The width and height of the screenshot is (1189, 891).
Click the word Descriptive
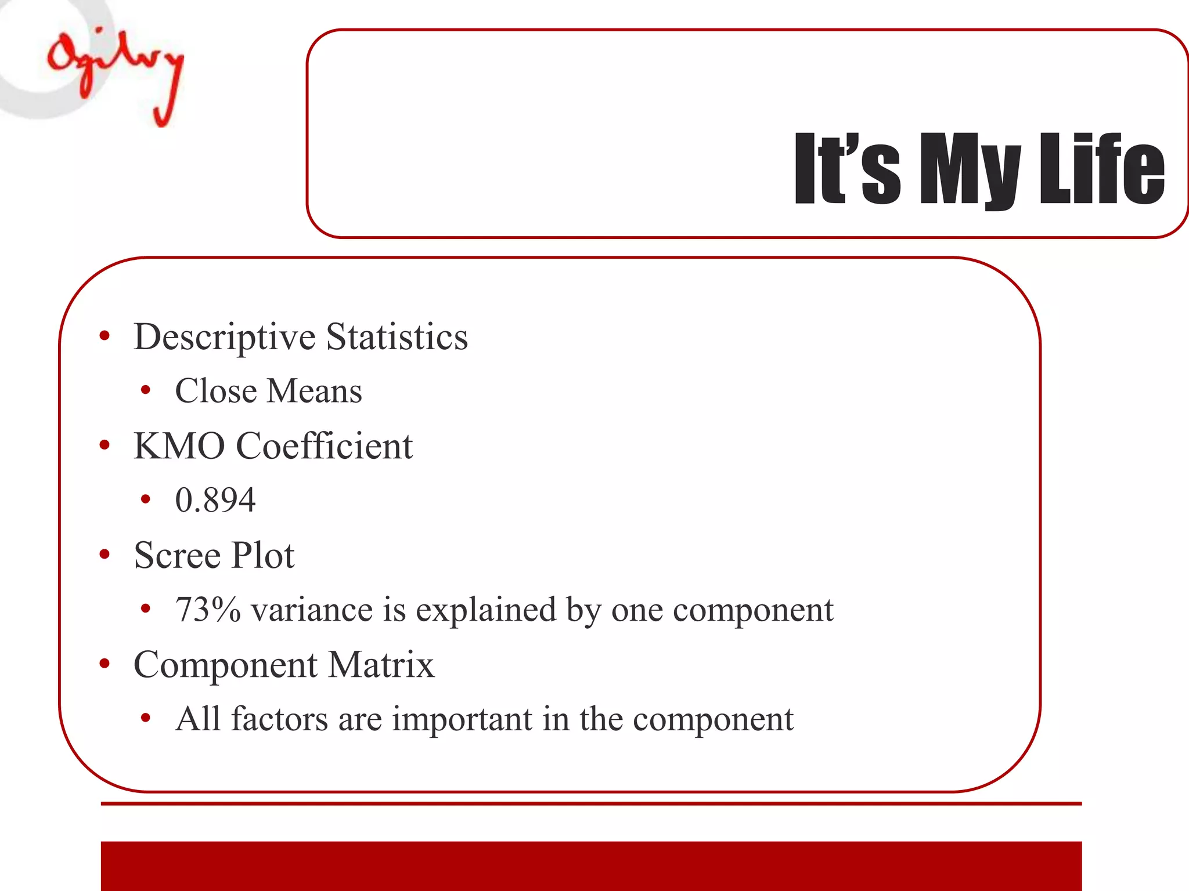[225, 338]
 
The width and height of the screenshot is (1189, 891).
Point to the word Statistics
[397, 336]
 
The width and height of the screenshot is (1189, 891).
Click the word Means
[314, 391]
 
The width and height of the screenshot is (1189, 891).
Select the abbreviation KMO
[179, 446]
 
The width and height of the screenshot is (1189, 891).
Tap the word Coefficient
[325, 446]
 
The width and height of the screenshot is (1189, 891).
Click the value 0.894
[215, 500]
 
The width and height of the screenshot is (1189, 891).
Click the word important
[462, 719]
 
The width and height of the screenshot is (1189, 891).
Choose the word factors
[280, 719]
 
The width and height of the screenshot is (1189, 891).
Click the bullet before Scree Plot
[105, 555]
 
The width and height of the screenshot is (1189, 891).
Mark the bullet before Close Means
[146, 390]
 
